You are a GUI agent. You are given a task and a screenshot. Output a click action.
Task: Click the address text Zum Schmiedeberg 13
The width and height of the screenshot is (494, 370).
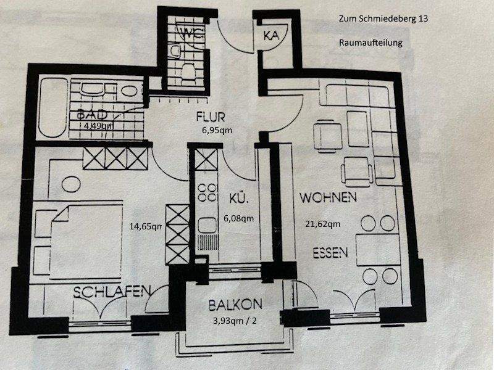coord(383,19)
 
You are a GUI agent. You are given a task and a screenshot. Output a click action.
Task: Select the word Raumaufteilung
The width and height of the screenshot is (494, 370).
coord(371,43)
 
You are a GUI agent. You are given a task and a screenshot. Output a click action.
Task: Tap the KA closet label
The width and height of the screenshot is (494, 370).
coord(271,36)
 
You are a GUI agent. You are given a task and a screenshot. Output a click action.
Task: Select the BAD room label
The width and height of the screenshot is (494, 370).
coord(93,115)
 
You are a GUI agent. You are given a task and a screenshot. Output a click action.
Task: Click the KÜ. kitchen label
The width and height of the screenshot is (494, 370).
coord(238,200)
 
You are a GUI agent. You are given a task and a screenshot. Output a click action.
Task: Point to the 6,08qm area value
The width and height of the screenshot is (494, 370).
coord(238,218)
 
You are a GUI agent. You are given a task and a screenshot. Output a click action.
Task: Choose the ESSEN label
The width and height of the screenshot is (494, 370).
coord(330,252)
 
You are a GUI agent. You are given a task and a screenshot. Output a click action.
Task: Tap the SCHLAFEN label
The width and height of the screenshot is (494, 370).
coord(112,292)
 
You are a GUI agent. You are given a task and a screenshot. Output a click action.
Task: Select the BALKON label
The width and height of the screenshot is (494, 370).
coord(235,305)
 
